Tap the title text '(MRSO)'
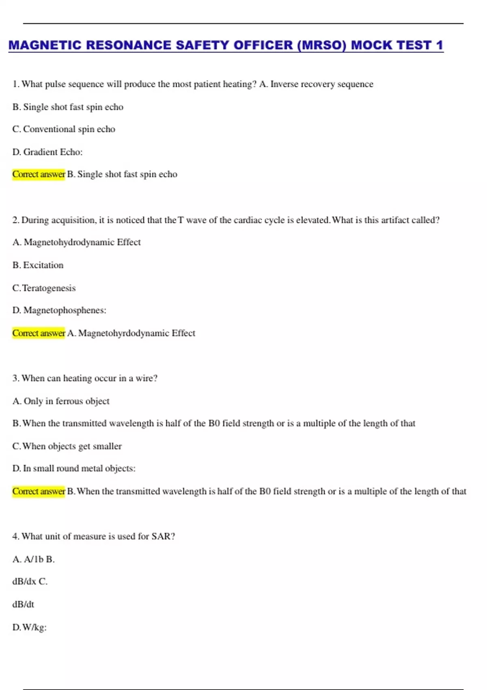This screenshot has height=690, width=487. pyautogui.click(x=321, y=45)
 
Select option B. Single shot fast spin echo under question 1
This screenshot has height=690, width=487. pyautogui.click(x=68, y=107)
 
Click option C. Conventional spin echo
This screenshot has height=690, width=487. pyautogui.click(x=64, y=129)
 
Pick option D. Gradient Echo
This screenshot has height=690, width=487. pyautogui.click(x=47, y=152)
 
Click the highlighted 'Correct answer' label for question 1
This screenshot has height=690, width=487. pyautogui.click(x=39, y=174)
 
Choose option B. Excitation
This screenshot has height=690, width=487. pyautogui.click(x=38, y=265)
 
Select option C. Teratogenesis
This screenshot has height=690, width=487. pyautogui.click(x=44, y=288)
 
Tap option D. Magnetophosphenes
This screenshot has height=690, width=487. pyautogui.click(x=59, y=310)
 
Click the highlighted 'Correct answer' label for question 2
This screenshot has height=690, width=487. pyautogui.click(x=39, y=333)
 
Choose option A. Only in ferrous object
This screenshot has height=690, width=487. pyautogui.click(x=61, y=401)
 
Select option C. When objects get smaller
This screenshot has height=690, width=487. pyautogui.click(x=67, y=446)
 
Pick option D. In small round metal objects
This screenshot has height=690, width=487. pyautogui.click(x=74, y=468)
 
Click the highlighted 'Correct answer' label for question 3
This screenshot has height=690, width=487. pyautogui.click(x=39, y=491)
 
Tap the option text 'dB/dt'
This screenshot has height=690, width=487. pyautogui.click(x=23, y=604)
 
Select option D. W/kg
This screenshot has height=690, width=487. pyautogui.click(x=30, y=627)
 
